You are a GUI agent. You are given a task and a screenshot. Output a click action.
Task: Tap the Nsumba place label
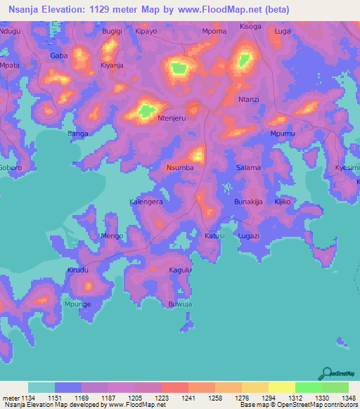point(180,168)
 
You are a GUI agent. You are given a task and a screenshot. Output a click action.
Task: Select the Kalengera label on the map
point(146,201)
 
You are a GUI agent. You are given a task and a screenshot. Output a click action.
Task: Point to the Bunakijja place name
point(248,202)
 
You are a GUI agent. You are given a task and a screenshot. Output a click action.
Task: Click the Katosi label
point(214,235)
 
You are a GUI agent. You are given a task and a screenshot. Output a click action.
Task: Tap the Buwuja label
point(180,304)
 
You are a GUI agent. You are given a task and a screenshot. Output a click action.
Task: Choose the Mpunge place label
point(78,304)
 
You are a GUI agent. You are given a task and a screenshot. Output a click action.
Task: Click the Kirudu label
point(78,270)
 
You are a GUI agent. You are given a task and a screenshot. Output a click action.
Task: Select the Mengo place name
point(112,235)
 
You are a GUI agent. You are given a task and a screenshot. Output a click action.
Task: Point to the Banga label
point(78,133)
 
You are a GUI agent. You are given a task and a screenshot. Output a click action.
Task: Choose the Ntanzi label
point(249,99)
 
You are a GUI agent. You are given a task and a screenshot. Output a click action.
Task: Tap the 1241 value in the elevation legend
point(188,397)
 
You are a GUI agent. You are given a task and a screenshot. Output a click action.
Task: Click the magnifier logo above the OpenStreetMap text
point(327,374)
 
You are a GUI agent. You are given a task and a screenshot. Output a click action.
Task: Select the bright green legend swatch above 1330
point(308,387)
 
